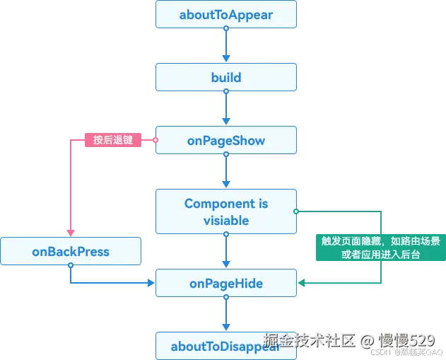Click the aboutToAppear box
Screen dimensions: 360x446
(x=226, y=14)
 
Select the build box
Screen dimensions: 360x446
(x=226, y=77)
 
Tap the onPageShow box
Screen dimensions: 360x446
(x=226, y=140)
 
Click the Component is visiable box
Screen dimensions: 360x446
(x=226, y=211)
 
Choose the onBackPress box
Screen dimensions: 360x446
(x=71, y=251)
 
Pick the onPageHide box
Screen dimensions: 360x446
(x=226, y=283)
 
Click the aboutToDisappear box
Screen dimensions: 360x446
(x=226, y=346)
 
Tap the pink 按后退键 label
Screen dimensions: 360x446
(x=113, y=140)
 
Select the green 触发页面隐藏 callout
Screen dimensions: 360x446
(x=380, y=248)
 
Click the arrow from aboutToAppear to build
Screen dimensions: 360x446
(x=226, y=46)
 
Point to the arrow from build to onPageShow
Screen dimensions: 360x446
(x=226, y=109)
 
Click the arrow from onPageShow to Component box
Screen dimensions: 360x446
(x=226, y=172)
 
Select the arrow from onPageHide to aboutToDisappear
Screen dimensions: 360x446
(x=226, y=315)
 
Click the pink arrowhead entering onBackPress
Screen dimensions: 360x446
(x=71, y=233)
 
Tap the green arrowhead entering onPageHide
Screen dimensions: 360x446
(x=301, y=283)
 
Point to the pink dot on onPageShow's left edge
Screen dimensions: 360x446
(x=155, y=140)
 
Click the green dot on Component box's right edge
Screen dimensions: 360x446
(x=297, y=211)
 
